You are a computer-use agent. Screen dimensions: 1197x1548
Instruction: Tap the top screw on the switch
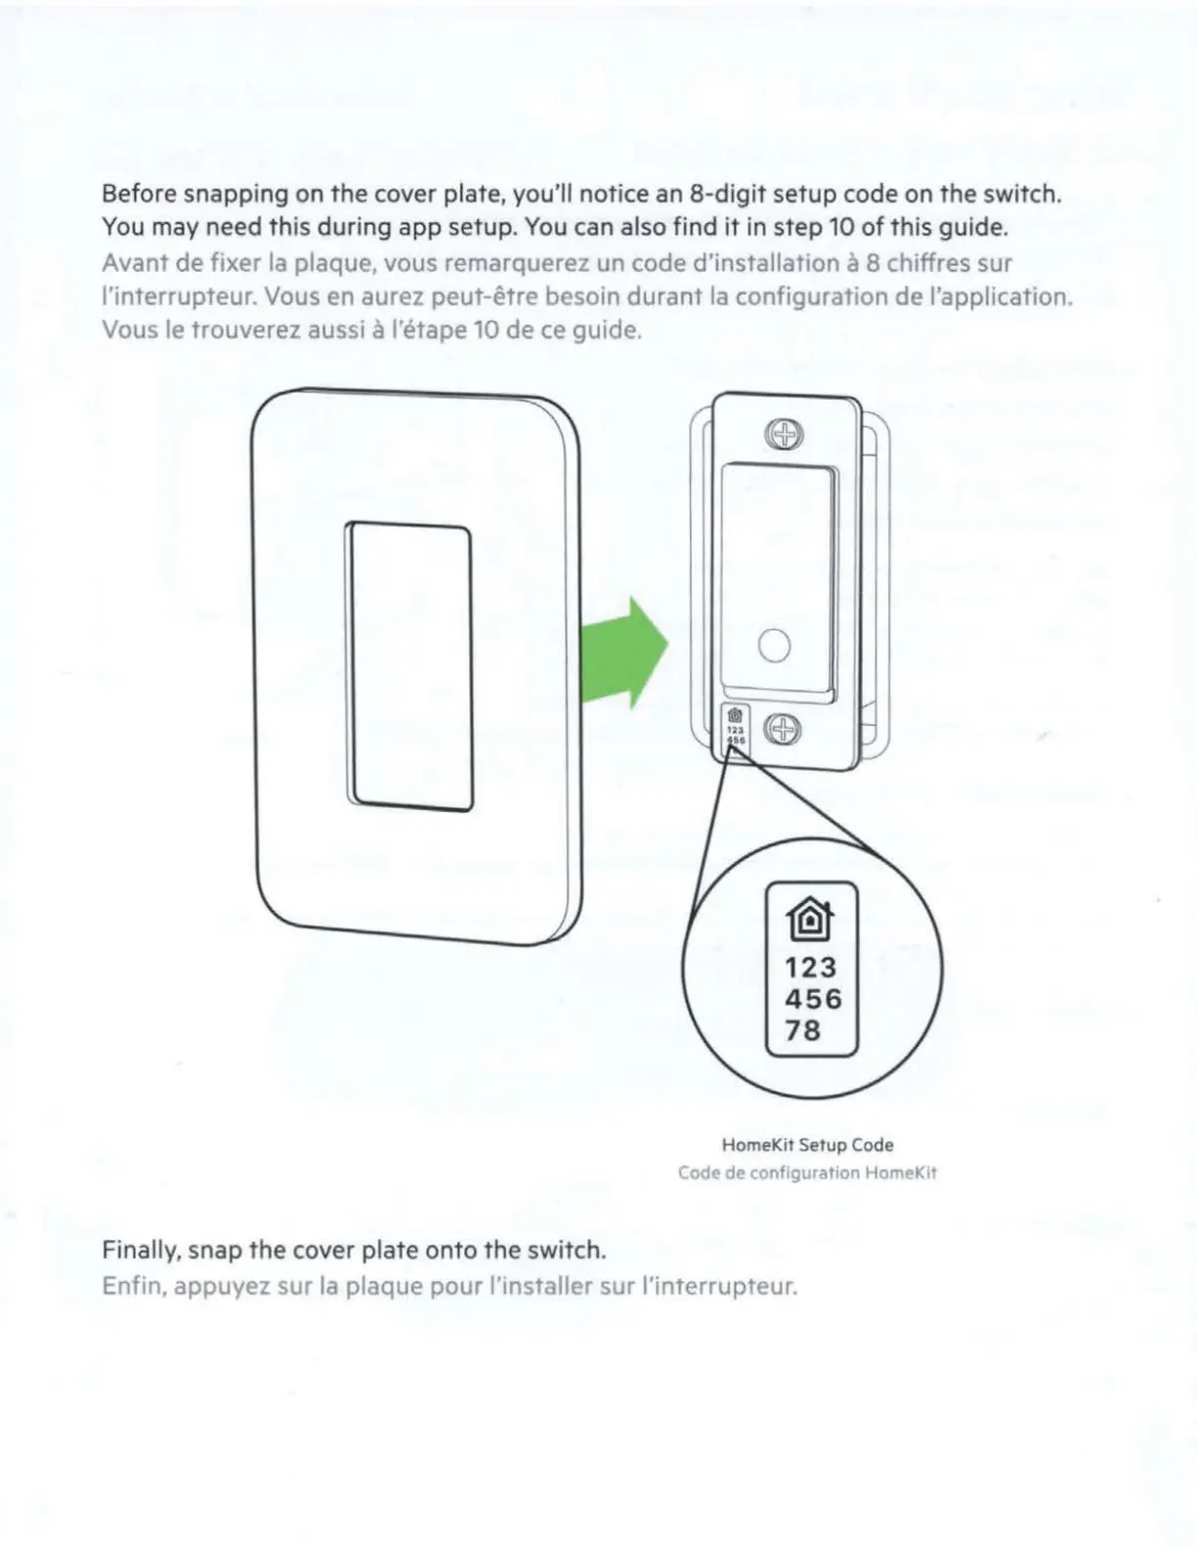(783, 434)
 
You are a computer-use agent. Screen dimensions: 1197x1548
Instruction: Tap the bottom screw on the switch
(782, 729)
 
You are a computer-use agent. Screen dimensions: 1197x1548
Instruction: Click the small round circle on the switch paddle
(774, 646)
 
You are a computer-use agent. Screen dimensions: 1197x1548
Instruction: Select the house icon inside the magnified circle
(810, 919)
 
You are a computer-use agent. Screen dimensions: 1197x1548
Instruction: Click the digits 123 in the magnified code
(810, 967)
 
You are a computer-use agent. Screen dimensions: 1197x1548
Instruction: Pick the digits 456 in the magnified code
(812, 999)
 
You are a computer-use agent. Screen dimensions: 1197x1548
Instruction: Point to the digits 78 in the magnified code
(802, 1030)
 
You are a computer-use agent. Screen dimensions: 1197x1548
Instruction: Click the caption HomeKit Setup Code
(807, 1144)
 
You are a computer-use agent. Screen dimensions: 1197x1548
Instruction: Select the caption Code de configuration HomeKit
(807, 1173)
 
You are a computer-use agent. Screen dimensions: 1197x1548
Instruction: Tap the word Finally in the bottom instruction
(141, 1251)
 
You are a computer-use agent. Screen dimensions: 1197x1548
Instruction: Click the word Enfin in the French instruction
(132, 1286)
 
